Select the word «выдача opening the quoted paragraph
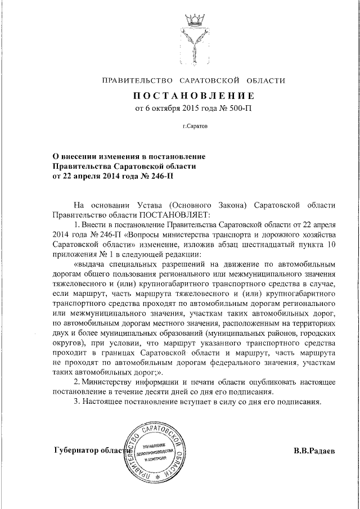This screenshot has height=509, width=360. coord(92,263)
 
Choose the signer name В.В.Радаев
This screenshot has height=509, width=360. coord(314,451)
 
